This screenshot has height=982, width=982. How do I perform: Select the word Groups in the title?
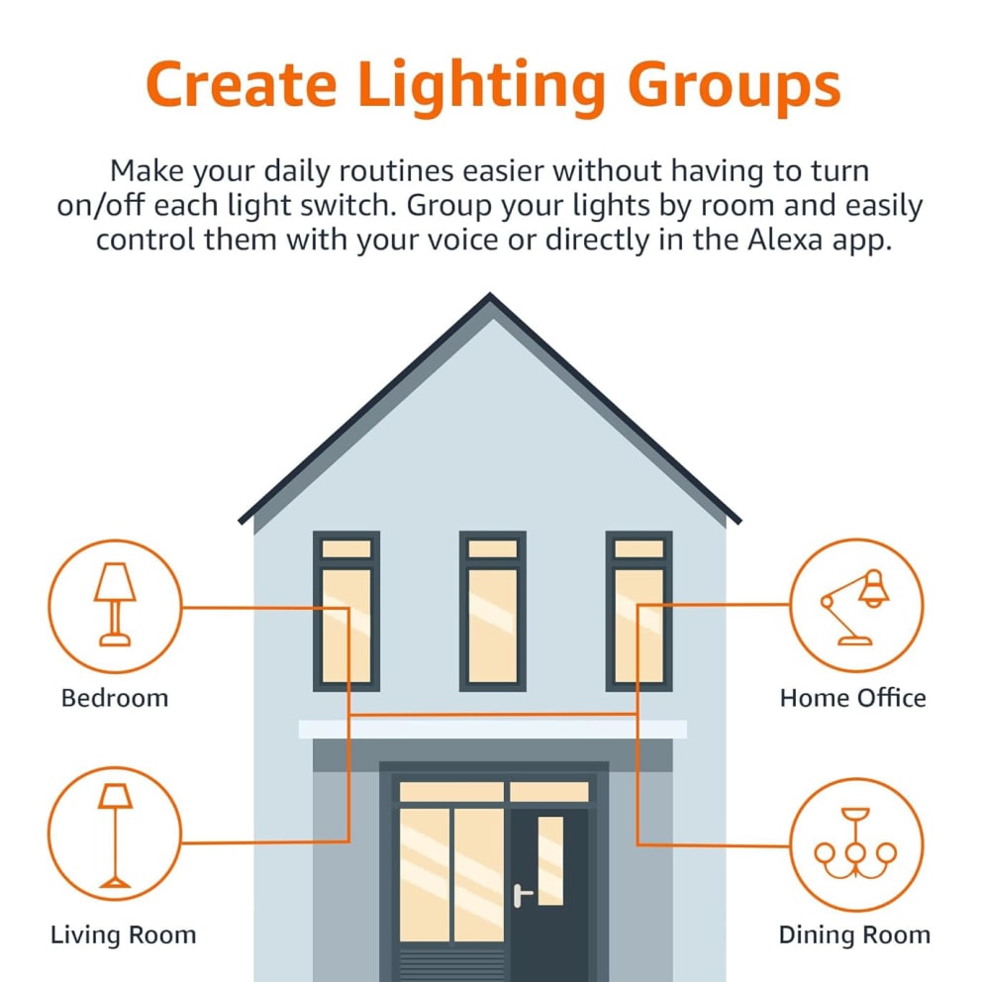(x=734, y=88)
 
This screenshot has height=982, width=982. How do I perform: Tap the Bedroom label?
(x=115, y=698)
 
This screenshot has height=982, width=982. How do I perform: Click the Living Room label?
(x=124, y=935)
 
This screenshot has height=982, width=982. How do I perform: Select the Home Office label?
(x=853, y=698)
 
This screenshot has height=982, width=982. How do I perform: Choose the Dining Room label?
(x=855, y=935)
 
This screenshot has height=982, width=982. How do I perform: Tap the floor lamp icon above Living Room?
(x=115, y=835)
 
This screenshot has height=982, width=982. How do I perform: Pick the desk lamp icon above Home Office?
(x=855, y=607)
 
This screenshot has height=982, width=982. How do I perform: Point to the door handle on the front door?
(x=522, y=895)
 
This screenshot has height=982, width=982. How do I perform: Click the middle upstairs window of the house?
(x=492, y=611)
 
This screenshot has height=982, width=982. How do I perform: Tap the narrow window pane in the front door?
(x=550, y=860)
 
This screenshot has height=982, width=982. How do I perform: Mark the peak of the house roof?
(x=490, y=294)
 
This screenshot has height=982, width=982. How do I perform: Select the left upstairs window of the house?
(x=346, y=611)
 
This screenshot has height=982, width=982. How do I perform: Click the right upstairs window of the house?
(x=638, y=611)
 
